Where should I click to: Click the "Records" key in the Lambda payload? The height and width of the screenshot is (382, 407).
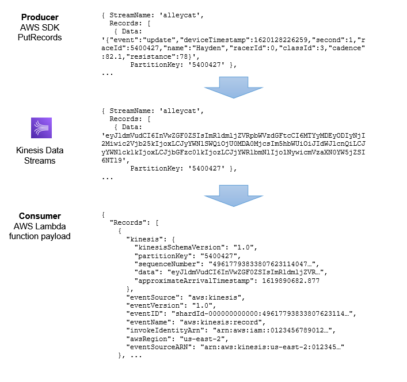[x=128, y=222]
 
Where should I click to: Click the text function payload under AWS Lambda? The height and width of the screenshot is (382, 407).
[x=39, y=237]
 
